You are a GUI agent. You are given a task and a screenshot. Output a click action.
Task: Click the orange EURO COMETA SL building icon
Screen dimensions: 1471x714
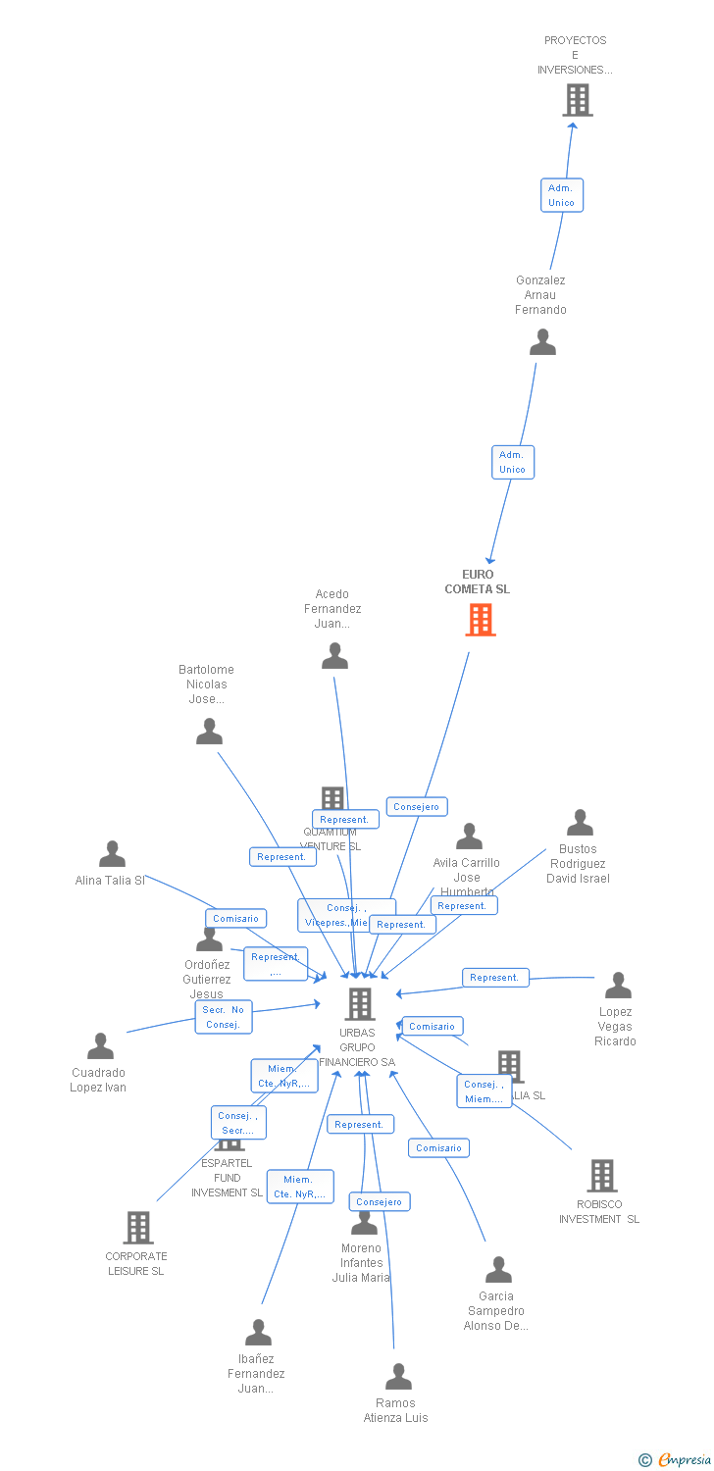coord(480,620)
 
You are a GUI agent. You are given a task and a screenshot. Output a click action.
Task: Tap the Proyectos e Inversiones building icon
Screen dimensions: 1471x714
coord(577,100)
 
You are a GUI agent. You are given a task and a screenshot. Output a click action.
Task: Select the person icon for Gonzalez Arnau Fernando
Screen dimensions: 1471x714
coord(542,342)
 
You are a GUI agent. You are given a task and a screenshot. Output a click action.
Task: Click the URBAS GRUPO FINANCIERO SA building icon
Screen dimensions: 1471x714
coord(360,1004)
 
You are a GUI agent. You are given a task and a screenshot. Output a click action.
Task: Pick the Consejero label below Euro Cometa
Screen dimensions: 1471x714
coord(417,807)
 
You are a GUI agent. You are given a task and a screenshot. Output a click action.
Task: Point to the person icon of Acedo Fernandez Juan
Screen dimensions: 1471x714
coord(334,656)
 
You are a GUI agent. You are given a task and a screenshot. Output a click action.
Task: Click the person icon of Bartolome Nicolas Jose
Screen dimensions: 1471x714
coord(209,732)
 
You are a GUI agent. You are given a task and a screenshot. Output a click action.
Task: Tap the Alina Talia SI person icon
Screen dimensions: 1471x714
coord(112,854)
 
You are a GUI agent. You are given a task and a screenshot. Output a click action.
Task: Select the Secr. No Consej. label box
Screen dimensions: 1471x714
coord(224,1017)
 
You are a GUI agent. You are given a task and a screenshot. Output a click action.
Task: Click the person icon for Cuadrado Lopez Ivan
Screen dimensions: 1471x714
coord(100,1046)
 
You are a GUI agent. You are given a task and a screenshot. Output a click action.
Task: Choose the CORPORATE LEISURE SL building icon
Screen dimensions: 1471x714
coord(137,1228)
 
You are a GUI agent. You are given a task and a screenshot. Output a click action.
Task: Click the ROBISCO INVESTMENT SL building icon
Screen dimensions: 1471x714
coord(601,1176)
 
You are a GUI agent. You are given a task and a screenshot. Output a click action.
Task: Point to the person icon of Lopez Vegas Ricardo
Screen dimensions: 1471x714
coord(618,986)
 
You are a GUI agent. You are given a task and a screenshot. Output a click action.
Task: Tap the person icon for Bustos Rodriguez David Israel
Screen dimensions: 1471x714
coord(580,823)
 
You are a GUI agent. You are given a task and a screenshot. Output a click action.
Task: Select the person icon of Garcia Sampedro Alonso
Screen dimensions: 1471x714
coord(498,1270)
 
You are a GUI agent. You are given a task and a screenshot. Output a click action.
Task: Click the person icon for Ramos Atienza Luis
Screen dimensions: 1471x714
coord(398,1377)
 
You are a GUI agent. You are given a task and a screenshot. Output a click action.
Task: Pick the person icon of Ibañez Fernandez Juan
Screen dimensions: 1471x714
coord(258,1333)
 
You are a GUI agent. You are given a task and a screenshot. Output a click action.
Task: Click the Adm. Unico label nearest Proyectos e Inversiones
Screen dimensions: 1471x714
coord(562,195)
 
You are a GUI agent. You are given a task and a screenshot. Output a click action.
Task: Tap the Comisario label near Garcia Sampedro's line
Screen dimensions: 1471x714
coord(438,1148)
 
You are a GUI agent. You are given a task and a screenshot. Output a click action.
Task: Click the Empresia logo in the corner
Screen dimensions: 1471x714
coord(676,1460)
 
